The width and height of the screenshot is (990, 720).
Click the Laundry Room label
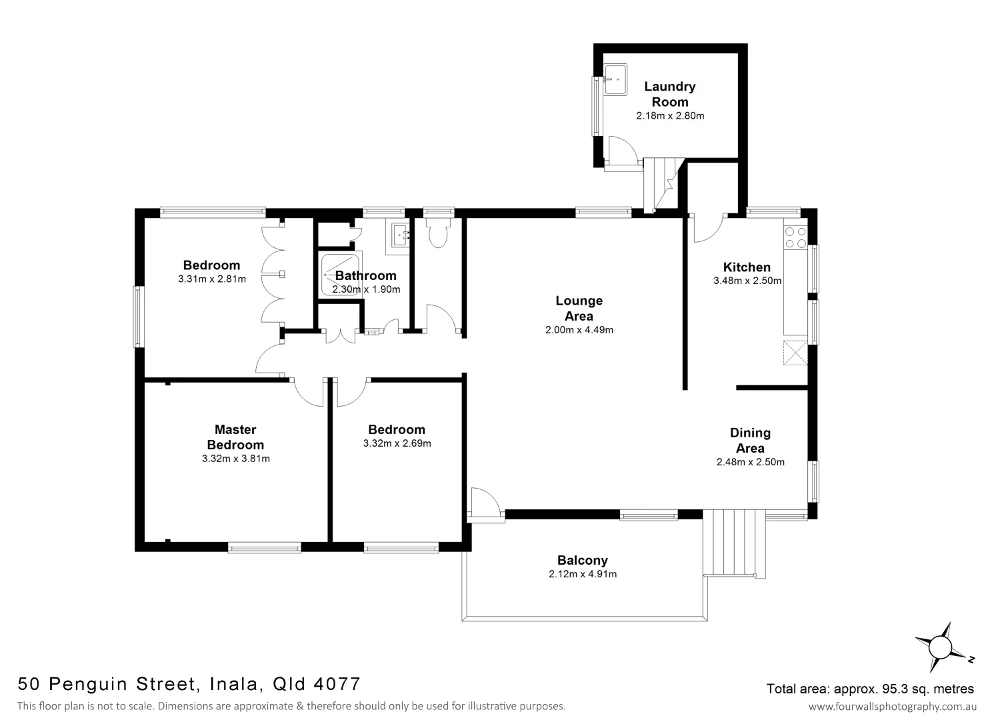click(669, 94)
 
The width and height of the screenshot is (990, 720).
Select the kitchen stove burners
click(795, 237)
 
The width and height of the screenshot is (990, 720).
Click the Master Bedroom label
click(235, 437)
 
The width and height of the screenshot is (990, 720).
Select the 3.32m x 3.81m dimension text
click(235, 459)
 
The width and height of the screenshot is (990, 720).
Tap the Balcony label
click(582, 561)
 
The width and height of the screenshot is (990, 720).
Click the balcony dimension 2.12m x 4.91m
click(582, 574)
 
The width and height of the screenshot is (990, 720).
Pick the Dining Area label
click(750, 441)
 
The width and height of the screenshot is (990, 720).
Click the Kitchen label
click(747, 267)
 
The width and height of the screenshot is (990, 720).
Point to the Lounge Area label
click(579, 309)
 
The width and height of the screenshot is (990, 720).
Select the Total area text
click(870, 689)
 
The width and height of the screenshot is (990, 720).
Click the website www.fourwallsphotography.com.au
click(892, 706)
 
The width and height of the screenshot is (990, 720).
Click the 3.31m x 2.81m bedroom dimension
click(212, 279)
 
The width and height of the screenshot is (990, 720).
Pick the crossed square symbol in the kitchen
click(795, 352)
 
